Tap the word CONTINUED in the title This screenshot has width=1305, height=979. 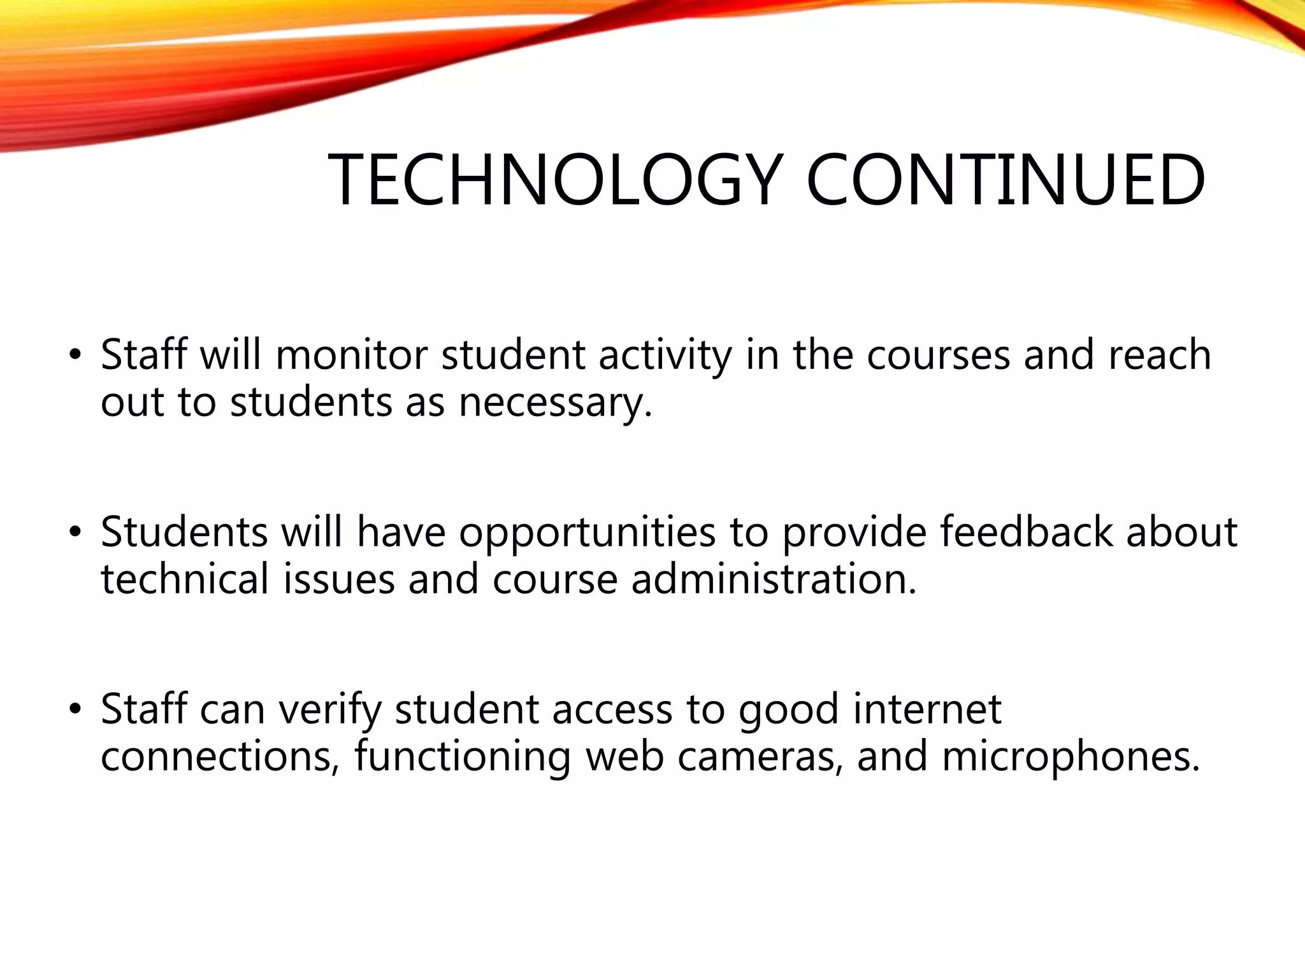coord(1005,180)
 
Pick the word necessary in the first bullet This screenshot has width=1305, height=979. coord(554,403)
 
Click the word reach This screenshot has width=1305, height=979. coord(1160,355)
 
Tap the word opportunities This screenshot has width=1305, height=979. coord(587,532)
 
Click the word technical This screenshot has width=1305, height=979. coord(185,580)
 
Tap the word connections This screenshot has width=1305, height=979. coord(220,757)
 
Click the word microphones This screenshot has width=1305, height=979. coord(1070,757)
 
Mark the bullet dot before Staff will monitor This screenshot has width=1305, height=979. coord(75,356)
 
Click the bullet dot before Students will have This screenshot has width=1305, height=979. coord(75,533)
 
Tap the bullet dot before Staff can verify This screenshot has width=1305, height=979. coord(75,710)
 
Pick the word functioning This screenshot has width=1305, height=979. coord(462,757)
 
